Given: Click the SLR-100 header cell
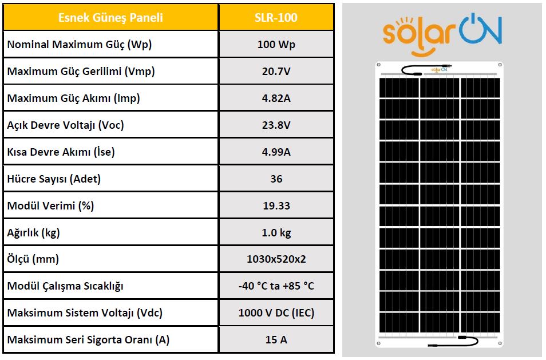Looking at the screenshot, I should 276,17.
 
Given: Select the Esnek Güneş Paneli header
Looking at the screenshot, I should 110,17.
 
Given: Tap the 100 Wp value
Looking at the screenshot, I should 276,44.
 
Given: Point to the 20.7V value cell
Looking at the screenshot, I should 276,71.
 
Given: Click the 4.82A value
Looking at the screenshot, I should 276,98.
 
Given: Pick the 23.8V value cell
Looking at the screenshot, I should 276,125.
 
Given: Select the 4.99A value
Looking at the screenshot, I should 276,152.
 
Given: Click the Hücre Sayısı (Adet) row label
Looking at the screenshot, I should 54,179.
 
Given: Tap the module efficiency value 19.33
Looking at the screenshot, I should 276,205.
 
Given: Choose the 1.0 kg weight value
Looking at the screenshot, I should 276,232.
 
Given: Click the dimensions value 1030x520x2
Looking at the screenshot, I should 276,259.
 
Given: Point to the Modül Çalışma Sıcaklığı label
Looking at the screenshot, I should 65,286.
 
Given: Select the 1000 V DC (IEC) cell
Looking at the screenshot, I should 276,313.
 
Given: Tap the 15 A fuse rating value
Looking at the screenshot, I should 276,340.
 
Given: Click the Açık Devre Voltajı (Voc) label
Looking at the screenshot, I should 65,125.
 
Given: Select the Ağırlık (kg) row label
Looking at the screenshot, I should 33,232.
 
